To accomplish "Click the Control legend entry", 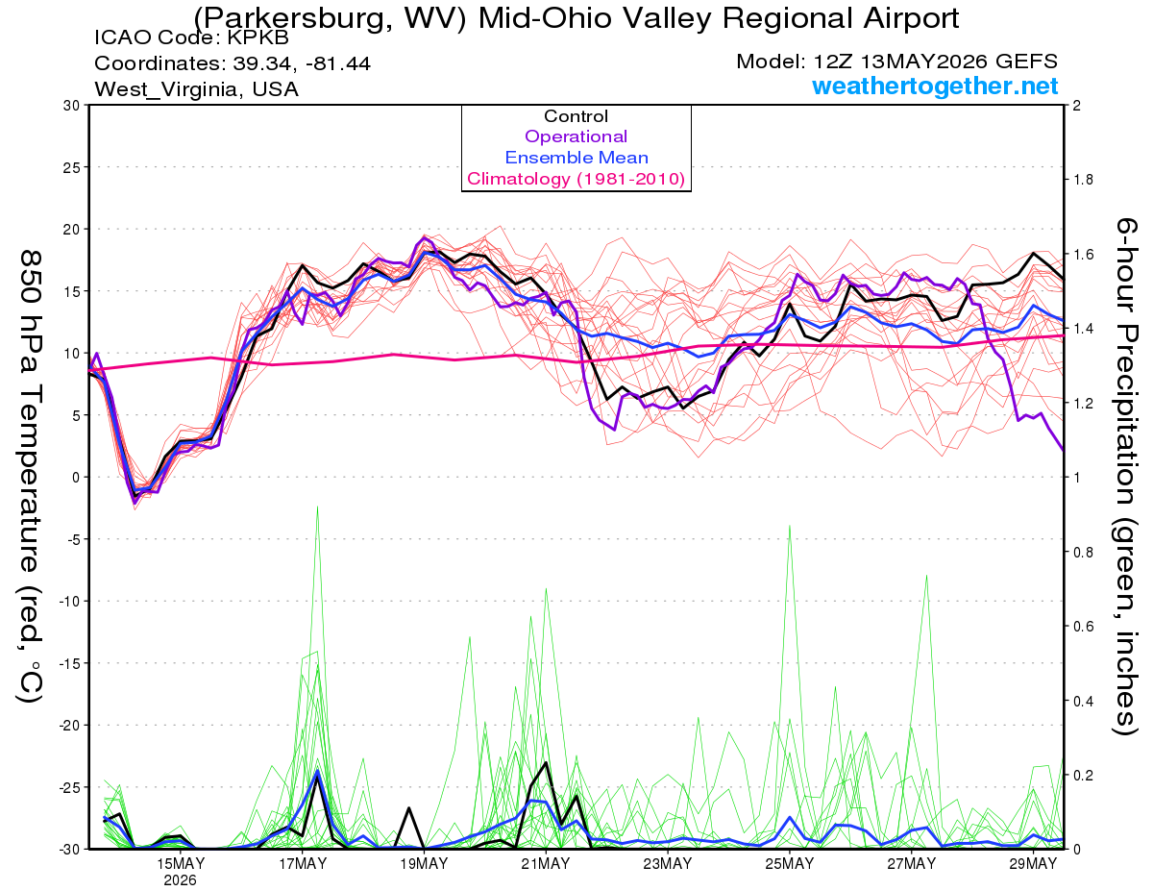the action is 576,116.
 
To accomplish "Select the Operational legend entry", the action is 576,136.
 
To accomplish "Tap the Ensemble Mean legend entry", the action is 576,158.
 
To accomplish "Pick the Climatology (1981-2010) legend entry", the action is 576,179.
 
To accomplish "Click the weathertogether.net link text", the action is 935,86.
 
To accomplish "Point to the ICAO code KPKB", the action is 258,37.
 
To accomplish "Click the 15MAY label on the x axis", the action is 181,864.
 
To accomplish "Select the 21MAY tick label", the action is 546,864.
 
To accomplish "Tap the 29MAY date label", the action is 1033,864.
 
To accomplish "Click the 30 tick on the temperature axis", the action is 71,106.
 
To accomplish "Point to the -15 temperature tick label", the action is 69,663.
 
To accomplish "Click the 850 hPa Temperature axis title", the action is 31,477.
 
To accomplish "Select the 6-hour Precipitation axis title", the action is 1125,477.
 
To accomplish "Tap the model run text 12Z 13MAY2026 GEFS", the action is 935,62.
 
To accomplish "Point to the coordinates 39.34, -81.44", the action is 302,63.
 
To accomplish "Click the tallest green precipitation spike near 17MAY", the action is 317,507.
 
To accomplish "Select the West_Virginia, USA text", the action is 196,89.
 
